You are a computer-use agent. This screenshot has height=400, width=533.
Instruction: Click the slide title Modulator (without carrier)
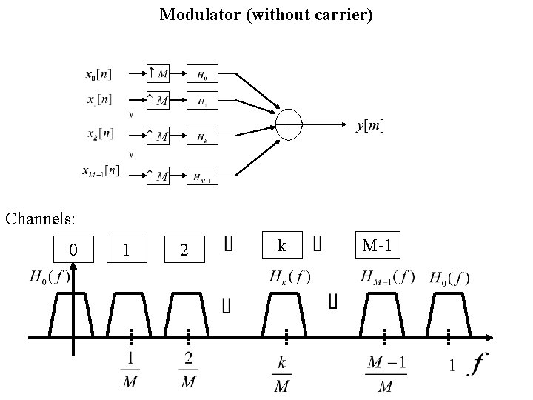(266, 14)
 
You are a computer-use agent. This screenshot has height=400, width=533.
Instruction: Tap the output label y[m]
(369, 126)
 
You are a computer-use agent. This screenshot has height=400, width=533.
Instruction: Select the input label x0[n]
(99, 74)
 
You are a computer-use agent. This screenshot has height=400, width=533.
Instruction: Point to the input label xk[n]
(99, 135)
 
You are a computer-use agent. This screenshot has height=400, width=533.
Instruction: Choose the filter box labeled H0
(202, 74)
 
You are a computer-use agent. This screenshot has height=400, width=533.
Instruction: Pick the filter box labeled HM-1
(202, 176)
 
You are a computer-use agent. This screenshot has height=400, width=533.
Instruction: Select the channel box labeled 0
(73, 249)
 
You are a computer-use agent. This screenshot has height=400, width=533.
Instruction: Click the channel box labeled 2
(184, 251)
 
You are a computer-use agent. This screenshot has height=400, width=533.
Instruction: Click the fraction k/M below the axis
(282, 375)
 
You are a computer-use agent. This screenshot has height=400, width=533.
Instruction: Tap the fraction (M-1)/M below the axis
(385, 375)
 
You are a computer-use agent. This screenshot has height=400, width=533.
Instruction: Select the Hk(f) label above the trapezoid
(290, 278)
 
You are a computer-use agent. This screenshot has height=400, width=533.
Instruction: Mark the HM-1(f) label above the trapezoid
(388, 278)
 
